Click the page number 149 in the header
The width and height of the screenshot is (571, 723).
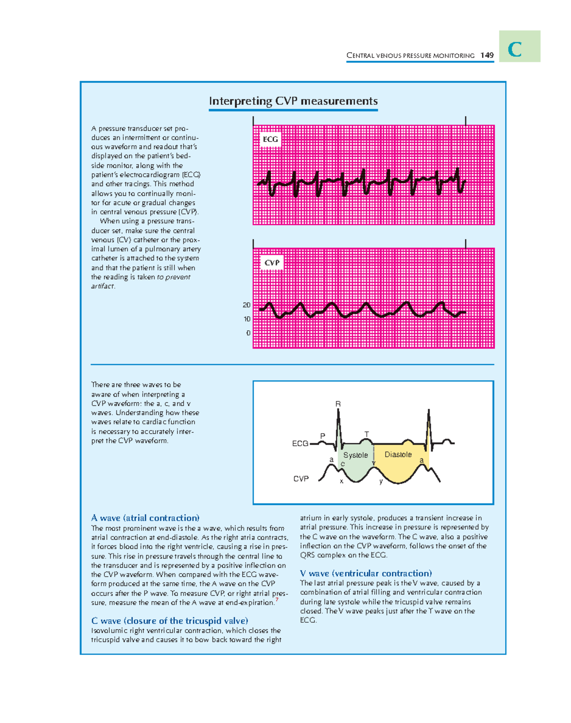[487, 55]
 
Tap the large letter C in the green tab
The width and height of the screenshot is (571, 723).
[515, 49]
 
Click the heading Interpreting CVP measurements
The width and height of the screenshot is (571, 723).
[293, 101]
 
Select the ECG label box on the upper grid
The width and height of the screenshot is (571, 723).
[270, 139]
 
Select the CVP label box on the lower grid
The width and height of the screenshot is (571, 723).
[272, 263]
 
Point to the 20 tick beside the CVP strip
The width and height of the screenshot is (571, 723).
[246, 305]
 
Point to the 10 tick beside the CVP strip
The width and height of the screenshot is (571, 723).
[247, 319]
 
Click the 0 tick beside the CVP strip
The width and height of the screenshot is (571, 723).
[248, 333]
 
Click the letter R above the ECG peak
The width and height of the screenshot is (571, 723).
[338, 404]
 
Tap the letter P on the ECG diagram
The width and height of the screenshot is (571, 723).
[323, 436]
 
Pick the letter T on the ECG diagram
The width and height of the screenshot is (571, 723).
[366, 434]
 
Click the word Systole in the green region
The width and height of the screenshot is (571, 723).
[355, 455]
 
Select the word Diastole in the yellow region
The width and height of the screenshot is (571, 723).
[398, 454]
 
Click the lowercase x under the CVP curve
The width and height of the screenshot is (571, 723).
[341, 481]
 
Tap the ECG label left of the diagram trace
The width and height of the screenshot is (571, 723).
[300, 443]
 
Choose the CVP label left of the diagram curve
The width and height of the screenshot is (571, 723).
[301, 479]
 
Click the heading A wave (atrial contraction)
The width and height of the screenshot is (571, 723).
[145, 518]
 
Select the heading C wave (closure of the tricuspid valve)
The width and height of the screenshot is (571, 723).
[169, 621]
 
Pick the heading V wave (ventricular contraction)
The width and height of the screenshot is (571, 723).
[366, 573]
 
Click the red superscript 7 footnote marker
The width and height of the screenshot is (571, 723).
[277, 600]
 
